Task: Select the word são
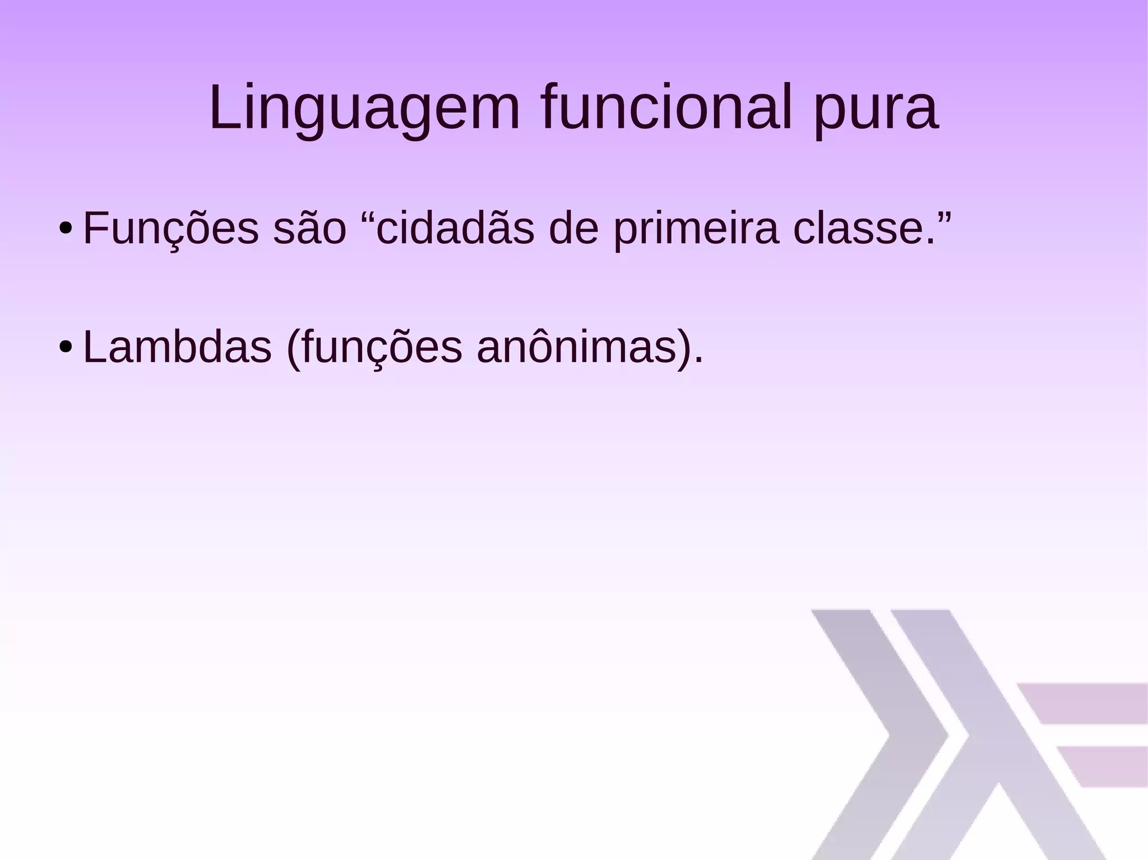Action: pyautogui.click(x=310, y=230)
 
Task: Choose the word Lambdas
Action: pyautogui.click(x=177, y=347)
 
